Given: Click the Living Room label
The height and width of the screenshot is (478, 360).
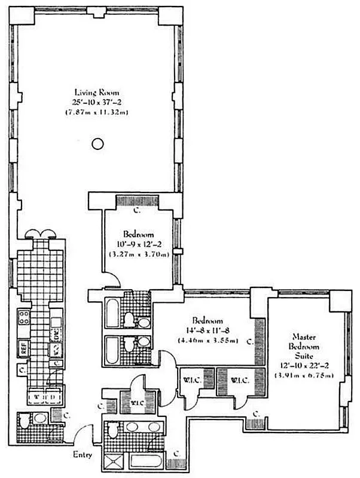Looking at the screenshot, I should click(x=97, y=93).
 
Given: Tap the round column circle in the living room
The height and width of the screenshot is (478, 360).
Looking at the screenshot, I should click(x=97, y=143).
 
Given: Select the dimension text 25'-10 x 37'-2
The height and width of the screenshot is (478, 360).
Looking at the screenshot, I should click(x=97, y=102).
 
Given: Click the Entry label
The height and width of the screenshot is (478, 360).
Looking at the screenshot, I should click(x=83, y=455).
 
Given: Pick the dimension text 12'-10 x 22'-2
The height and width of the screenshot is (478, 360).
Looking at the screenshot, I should click(x=305, y=366).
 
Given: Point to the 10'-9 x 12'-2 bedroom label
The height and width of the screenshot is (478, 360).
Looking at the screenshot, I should click(x=139, y=235).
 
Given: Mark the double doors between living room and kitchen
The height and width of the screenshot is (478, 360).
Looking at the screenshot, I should click(x=40, y=235).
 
